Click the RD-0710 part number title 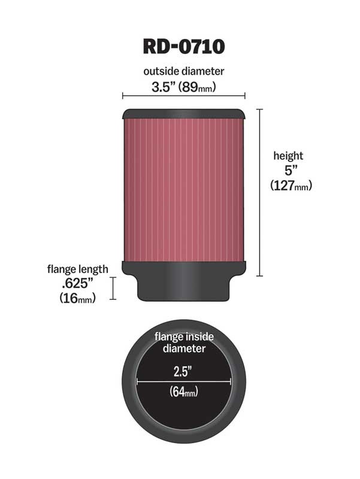point(183,46)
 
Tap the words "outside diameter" point(183,71)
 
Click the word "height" point(288,156)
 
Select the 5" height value point(288,171)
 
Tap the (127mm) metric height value point(291,186)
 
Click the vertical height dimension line point(259,192)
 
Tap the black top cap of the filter point(183,114)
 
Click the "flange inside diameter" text point(183,342)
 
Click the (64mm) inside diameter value point(183,393)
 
